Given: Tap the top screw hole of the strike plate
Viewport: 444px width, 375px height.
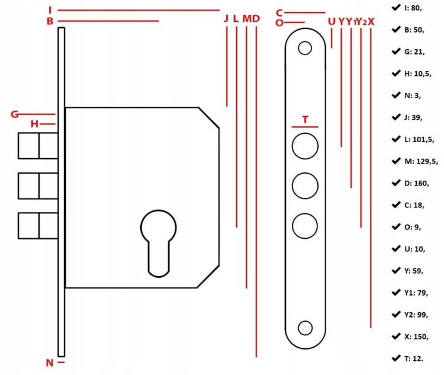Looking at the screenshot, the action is point(305,48).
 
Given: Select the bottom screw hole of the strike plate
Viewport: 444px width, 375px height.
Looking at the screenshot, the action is point(305,328).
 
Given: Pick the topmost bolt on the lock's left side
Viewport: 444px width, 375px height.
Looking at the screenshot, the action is point(38,146).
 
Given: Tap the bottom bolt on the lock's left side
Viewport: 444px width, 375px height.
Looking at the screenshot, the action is point(38,226).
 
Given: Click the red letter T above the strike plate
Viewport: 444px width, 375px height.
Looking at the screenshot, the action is point(305,120).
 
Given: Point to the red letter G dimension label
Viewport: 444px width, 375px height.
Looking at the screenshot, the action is point(15,114).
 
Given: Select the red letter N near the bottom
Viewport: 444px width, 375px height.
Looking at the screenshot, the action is point(50,363).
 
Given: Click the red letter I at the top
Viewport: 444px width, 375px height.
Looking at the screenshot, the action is point(50,10).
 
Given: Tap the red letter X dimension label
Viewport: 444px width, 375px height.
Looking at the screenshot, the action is point(371,21).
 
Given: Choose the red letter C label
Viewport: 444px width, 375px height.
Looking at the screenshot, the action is point(279,13).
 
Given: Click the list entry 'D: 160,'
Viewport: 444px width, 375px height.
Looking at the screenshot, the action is point(417,184).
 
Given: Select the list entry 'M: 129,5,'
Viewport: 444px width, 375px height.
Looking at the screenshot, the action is point(421,162).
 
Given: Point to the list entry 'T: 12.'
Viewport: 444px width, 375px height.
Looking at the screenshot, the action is point(414,358).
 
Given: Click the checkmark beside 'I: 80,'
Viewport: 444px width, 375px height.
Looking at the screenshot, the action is point(396,7).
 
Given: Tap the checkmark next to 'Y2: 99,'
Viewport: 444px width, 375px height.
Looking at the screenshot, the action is point(396,315).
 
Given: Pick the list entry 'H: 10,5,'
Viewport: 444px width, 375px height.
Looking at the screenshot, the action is point(418,73).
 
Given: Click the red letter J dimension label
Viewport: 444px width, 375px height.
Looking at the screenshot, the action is point(226,19).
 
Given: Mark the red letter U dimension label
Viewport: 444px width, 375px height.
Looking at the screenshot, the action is point(332,21).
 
